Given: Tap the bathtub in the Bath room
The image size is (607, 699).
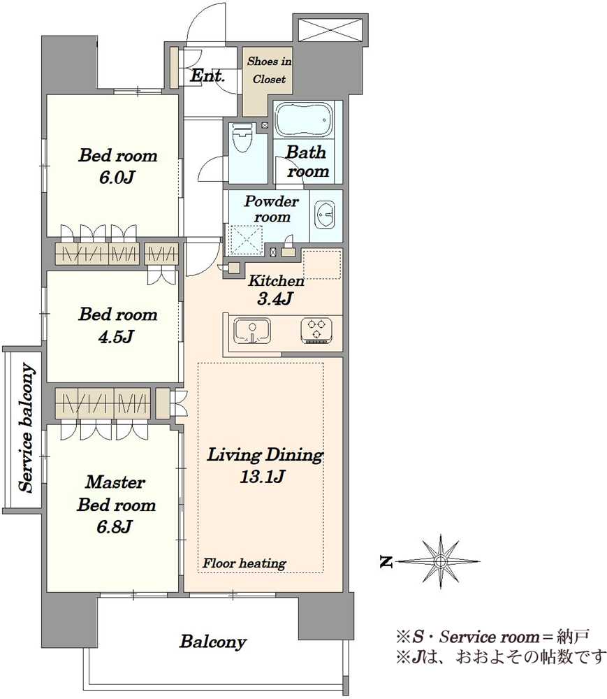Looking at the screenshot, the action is tap(304, 120).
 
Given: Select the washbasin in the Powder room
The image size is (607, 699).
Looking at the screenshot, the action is tap(325, 216).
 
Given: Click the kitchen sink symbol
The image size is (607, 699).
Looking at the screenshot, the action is tap(252, 331).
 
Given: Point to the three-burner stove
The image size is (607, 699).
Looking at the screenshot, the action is tap(316, 331).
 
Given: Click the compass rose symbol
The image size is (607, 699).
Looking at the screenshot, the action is tap(440, 561).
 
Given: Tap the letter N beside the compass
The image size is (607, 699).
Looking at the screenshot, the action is tap(386, 562).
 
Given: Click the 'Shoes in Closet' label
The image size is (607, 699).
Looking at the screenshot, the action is tap(269, 70).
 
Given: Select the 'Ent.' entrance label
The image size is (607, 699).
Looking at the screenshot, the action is tap(207, 75).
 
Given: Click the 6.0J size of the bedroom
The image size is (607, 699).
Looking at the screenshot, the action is tap(117, 178).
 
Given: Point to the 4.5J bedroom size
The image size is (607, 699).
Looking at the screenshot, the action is tap(116, 337).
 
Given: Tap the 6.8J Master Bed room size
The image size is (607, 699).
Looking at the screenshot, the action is tap(115, 527).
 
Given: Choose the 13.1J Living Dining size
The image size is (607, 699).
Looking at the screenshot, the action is tap(263, 477).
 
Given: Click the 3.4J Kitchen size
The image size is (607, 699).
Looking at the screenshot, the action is tap(275, 298).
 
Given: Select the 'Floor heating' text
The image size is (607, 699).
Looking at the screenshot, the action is tap(244, 563).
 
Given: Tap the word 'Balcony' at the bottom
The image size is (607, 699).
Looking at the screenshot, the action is tap(213, 642).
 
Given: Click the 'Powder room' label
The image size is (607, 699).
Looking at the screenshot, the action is tap(271, 208).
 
